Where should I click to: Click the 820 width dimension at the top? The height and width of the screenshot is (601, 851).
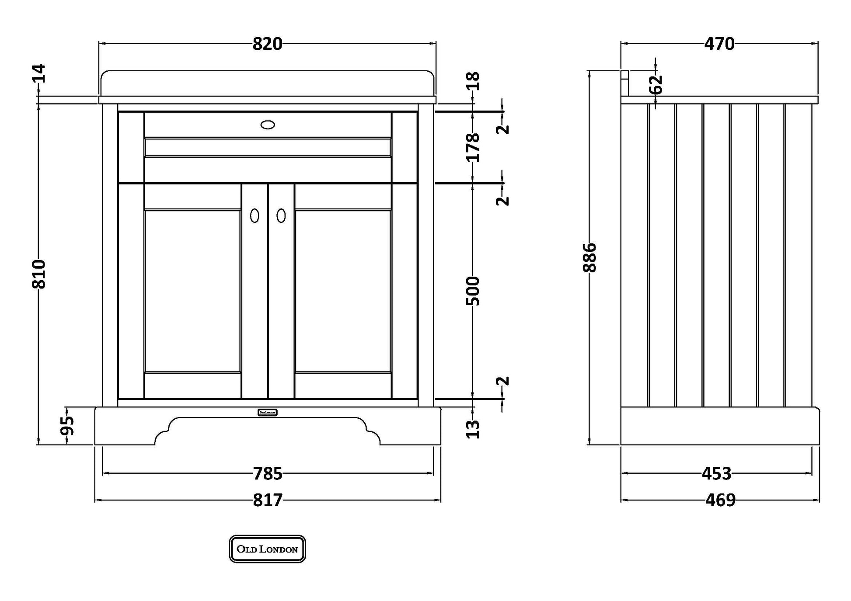coord(267,44)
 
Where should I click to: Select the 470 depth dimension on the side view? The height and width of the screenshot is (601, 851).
coord(719,44)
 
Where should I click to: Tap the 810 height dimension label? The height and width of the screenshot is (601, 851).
coord(39,274)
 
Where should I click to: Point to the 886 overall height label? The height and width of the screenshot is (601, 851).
coord(590,258)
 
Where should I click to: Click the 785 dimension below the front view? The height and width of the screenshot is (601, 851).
coord(268,473)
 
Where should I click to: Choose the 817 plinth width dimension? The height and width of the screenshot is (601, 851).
coord(268,500)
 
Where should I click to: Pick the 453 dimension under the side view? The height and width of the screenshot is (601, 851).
coord(716,473)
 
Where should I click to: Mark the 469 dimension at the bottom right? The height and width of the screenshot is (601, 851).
coord(720,500)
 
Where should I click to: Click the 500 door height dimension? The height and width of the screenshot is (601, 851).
coord(474,291)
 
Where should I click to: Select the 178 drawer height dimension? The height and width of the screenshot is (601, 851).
coord(474,148)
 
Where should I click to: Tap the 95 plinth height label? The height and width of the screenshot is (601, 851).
coord(67,426)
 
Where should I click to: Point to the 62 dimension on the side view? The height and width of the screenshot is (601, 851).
coord(656,84)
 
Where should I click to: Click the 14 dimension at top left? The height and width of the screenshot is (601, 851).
coord(39,73)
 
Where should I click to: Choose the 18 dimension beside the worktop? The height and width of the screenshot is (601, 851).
coord(474,81)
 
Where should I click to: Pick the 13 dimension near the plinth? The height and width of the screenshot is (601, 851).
coord(474,429)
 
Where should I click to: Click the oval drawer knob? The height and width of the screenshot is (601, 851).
coord(268,125)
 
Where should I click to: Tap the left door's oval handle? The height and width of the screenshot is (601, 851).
coord(255,215)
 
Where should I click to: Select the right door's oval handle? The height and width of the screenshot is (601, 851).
coord(281,215)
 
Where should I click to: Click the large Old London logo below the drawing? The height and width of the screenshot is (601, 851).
coord(267,549)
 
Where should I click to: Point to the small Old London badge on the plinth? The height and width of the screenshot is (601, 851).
coord(267,412)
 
